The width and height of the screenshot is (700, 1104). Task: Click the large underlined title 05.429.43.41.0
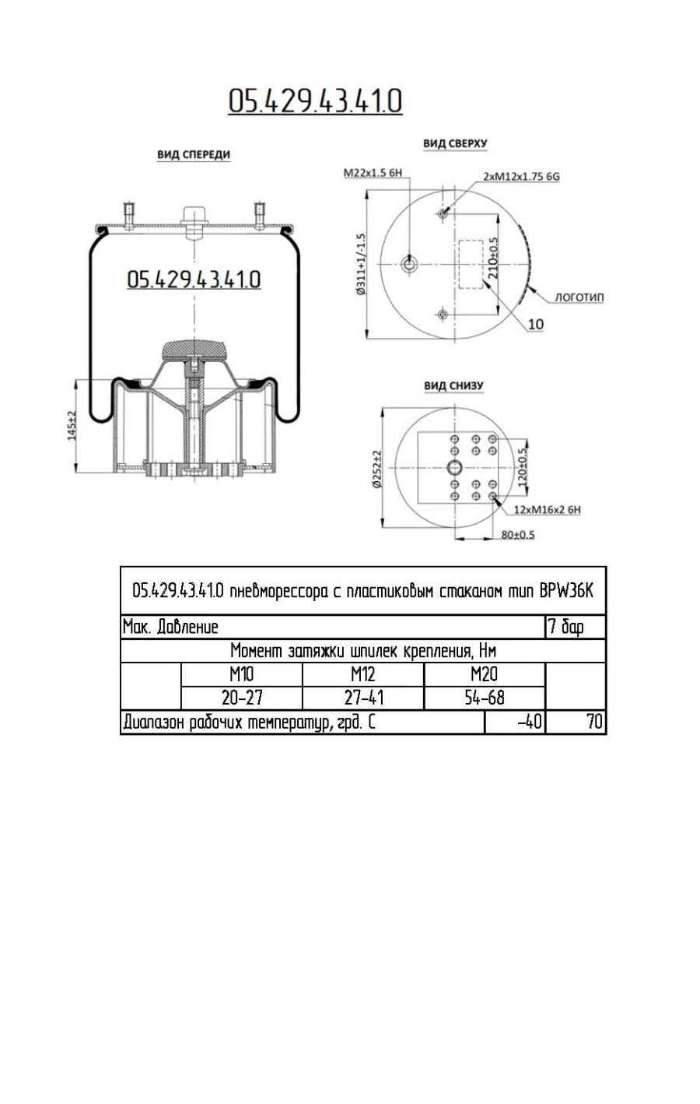tap(315, 101)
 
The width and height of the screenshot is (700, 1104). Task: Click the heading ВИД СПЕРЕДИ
tap(194, 155)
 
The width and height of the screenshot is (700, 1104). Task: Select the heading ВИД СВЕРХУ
tap(455, 144)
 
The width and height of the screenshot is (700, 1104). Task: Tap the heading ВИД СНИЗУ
tap(453, 386)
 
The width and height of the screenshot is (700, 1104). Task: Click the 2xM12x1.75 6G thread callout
tap(521, 177)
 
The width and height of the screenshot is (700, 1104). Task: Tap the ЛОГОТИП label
tap(579, 297)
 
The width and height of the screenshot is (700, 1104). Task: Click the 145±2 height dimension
tap(72, 425)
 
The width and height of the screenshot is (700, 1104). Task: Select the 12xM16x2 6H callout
tap(547, 510)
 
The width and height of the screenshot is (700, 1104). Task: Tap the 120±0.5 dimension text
tap(523, 464)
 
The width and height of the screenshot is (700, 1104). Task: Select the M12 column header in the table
tap(362, 674)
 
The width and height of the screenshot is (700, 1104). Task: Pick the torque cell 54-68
tap(485, 698)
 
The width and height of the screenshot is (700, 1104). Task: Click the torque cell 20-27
tap(241, 698)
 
